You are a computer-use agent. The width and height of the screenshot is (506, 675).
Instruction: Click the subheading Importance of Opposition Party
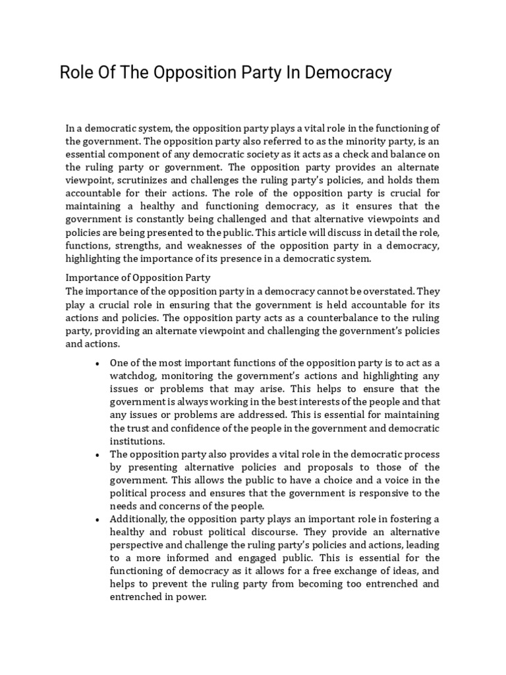(x=137, y=278)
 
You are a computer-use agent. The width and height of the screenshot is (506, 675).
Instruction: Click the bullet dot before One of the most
(x=98, y=363)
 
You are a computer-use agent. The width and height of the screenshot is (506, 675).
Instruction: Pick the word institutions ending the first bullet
(x=137, y=441)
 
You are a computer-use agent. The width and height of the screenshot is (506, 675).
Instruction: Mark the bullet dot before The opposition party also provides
(x=98, y=455)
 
